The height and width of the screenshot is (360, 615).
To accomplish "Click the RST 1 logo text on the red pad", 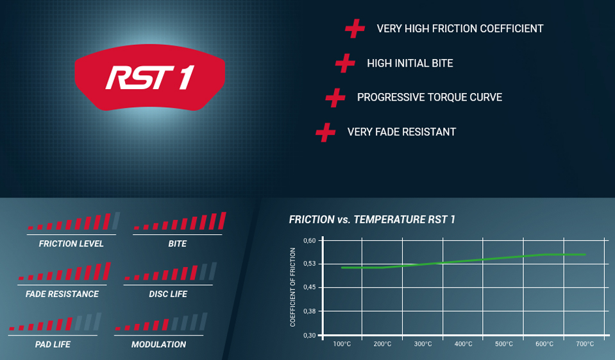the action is [150, 78].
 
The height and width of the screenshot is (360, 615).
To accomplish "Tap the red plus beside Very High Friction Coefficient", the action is [355, 29].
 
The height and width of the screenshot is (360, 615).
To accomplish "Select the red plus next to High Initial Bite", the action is [345, 63].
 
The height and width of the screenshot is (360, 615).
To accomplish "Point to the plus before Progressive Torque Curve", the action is [335, 98].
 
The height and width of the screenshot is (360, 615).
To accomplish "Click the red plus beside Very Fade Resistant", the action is [326, 132].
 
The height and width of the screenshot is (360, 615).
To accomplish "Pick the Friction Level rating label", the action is [71, 244].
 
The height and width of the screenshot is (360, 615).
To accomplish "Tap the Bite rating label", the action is [177, 244].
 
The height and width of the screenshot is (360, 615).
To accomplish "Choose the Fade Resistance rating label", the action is [62, 294].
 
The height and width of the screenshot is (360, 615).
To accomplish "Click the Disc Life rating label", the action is [168, 294].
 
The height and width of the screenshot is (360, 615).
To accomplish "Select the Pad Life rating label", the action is [53, 345].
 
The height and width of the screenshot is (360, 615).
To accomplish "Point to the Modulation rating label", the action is [158, 345].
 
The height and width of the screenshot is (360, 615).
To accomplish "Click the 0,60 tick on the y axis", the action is [310, 241].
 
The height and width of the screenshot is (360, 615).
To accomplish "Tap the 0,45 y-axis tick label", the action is [310, 287].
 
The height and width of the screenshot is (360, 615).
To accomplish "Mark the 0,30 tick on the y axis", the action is [310, 335].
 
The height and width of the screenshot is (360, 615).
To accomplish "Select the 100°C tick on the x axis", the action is [342, 345].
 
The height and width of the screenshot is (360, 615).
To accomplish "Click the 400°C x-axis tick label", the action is [463, 345].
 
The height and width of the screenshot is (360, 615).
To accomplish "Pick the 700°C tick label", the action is [585, 345].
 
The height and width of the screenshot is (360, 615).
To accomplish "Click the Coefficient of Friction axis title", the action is [292, 287].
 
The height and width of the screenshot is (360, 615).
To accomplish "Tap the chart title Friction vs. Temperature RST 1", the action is [372, 219].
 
